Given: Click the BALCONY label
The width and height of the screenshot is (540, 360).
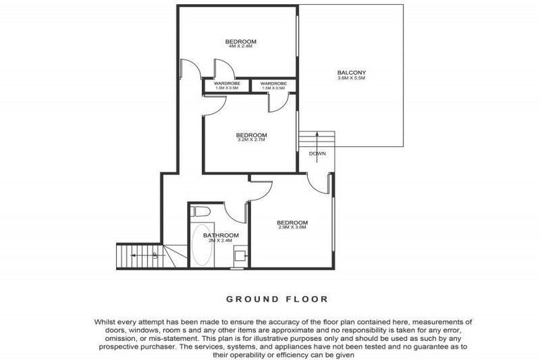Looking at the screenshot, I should [352, 72].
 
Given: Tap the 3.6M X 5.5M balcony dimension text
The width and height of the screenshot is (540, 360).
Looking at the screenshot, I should [352, 78].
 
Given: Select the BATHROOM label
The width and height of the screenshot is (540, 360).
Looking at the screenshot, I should [221, 235].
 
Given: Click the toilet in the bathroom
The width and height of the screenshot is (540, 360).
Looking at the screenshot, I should [199, 212].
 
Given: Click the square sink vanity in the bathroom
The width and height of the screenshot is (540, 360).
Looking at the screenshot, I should [239, 257].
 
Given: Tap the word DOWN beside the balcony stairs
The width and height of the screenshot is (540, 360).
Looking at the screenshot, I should [316, 153].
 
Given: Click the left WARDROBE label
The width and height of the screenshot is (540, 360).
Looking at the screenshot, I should [226, 84].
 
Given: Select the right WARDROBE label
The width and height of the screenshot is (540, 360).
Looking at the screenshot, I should [273, 84].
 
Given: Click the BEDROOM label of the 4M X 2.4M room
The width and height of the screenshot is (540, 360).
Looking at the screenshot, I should [240, 42].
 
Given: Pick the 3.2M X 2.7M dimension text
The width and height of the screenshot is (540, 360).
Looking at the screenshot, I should [251, 140].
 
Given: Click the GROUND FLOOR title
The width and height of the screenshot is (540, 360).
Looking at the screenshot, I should [276, 299].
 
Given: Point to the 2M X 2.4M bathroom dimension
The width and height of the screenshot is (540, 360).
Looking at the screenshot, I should [221, 240].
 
